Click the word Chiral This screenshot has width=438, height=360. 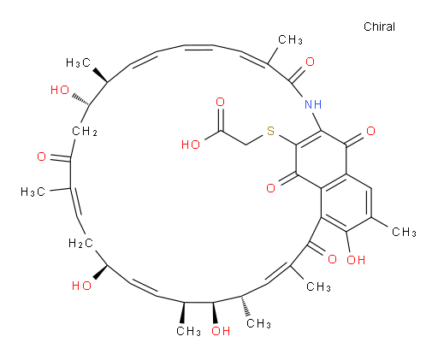(x=379, y=27)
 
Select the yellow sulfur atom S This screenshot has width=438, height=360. (x=270, y=131)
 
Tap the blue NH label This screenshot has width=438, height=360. (x=313, y=104)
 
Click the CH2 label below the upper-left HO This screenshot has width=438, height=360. (x=85, y=132)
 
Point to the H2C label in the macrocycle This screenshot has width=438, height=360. (x=81, y=244)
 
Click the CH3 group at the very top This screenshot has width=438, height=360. (x=290, y=39)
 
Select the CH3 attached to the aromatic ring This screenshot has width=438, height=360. (x=404, y=232)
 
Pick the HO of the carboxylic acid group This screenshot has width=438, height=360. (x=191, y=145)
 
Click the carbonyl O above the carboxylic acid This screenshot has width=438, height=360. (x=221, y=102)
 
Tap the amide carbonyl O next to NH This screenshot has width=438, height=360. (x=310, y=62)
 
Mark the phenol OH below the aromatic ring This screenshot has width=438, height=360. (x=356, y=260)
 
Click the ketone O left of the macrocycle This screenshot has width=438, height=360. (x=42, y=156)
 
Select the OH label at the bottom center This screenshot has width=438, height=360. (x=221, y=331)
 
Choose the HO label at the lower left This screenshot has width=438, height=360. (x=81, y=286)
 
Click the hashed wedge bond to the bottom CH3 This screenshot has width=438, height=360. (x=246, y=305)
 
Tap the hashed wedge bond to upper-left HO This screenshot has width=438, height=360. (x=80, y=99)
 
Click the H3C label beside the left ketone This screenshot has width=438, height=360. (x=33, y=192)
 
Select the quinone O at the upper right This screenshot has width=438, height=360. (x=370, y=131)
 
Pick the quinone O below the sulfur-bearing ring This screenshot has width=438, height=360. (x=270, y=188)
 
